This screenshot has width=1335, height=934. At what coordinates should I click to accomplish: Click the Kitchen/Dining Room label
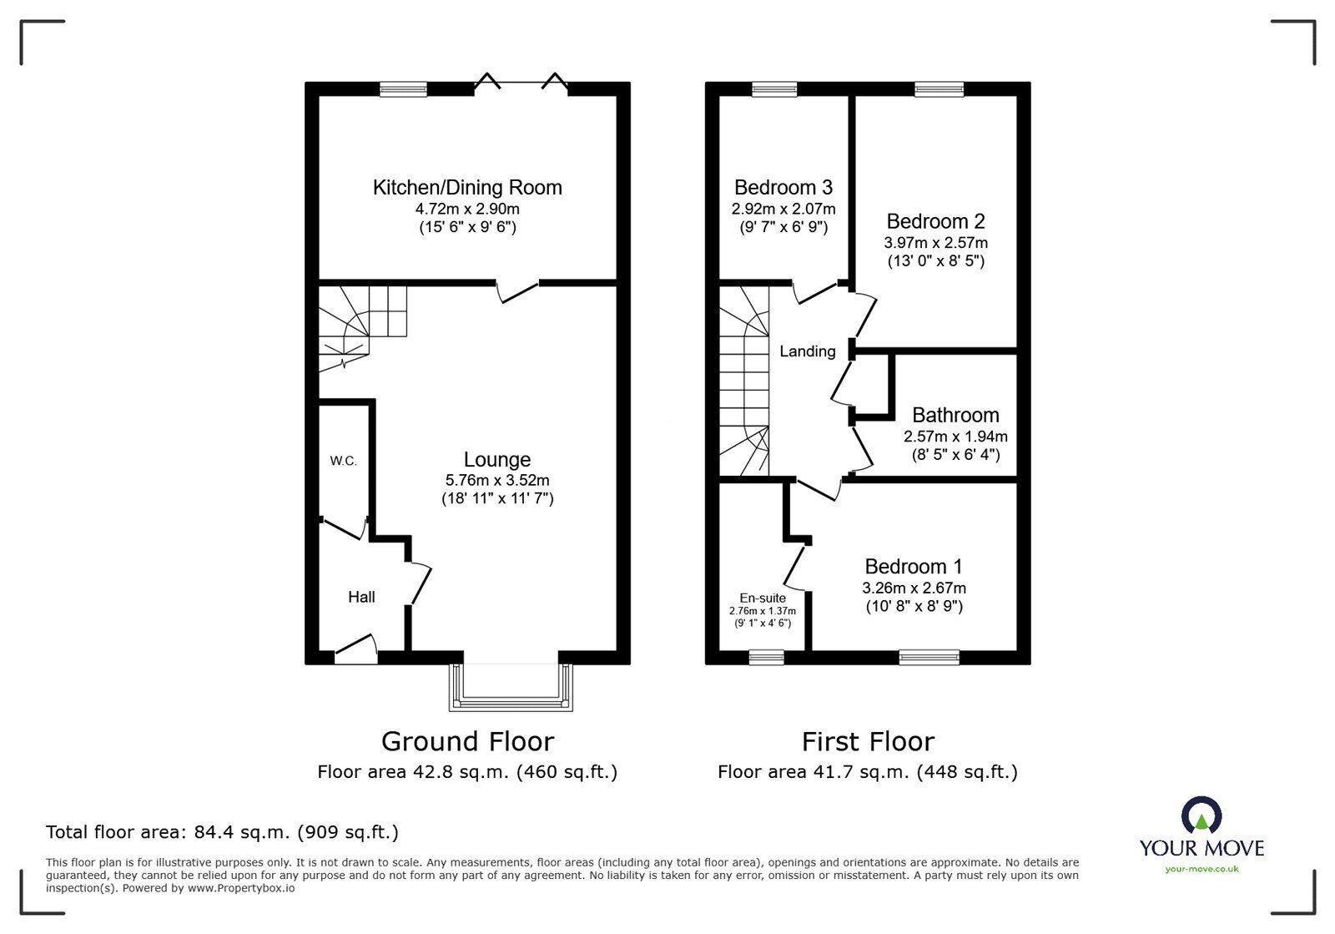467,188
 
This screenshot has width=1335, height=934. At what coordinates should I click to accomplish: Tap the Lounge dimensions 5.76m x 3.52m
497,480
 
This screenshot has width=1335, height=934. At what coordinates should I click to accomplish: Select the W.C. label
343,461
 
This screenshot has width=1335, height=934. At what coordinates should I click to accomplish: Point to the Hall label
361,597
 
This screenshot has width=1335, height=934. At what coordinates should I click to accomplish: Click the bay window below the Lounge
511,689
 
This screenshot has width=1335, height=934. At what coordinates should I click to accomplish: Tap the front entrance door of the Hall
355,649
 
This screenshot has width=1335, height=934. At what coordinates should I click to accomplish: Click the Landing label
808,351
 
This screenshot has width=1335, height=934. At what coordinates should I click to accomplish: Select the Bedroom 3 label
783,188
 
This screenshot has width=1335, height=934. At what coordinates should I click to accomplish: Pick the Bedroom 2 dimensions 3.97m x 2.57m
935,243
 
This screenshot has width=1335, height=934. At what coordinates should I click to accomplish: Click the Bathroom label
955,415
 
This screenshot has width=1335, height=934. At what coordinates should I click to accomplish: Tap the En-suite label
763,598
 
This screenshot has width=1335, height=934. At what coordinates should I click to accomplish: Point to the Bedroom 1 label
914,566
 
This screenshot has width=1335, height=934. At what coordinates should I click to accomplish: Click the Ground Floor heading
468,742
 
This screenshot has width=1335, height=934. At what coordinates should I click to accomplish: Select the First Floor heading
868,742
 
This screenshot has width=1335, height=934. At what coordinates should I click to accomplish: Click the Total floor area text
222,832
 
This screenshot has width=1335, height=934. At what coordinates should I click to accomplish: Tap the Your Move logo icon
1201,815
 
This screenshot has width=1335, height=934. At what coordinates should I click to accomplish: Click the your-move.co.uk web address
1201,869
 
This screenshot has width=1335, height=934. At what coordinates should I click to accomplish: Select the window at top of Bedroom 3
775,89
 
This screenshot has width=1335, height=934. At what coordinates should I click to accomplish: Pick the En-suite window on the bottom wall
767,657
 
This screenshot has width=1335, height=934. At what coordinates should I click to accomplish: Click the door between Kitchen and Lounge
517,290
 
